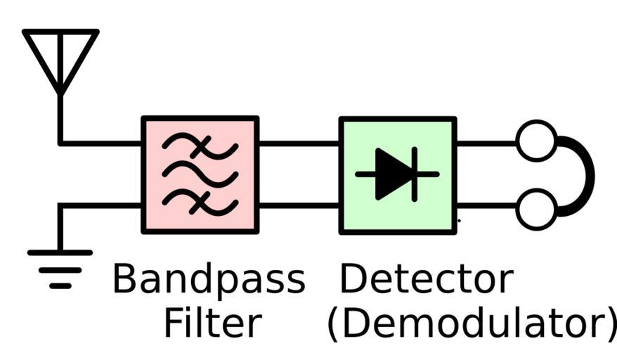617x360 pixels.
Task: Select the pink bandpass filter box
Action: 200,174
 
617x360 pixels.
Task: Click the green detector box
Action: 398,174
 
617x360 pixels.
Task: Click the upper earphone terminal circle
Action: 536,141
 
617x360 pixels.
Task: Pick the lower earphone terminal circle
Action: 536,209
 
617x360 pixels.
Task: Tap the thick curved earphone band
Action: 586,175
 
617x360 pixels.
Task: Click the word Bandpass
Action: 209,279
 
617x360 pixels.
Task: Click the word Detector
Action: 426,279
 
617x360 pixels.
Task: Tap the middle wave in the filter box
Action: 200,174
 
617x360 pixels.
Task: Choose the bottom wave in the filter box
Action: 200,202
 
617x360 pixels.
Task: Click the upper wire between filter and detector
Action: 299,143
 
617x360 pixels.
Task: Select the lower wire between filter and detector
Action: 299,205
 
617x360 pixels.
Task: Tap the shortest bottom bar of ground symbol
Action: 60,286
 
